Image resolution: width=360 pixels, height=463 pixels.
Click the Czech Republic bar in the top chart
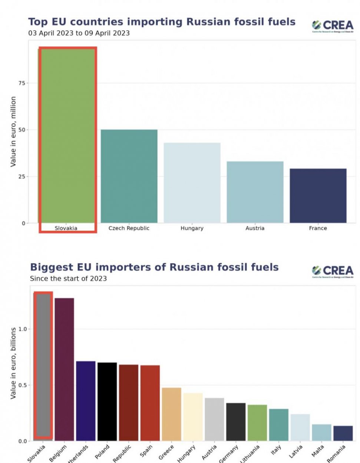(x=129, y=176)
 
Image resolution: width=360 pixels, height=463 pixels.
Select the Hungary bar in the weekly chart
(x=192, y=183)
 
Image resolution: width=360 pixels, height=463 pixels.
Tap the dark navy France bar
(x=318, y=196)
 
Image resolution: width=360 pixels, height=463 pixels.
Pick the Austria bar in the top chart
(x=255, y=192)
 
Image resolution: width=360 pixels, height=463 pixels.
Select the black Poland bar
(x=107, y=402)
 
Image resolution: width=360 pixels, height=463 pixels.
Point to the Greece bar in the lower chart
(x=172, y=414)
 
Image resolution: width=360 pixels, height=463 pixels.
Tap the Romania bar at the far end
(x=343, y=433)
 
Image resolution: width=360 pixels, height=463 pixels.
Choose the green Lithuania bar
(x=257, y=423)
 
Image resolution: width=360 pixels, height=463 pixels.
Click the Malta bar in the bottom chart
(x=321, y=433)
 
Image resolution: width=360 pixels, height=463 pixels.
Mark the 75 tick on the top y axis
(x=22, y=83)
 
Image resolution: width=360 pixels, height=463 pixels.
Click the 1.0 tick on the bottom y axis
(x=23, y=329)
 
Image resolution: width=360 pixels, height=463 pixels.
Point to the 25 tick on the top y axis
(x=22, y=176)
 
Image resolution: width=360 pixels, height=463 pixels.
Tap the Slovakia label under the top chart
(x=66, y=228)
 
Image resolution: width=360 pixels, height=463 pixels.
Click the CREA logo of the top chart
(x=333, y=26)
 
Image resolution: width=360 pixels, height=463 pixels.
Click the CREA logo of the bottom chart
(x=333, y=271)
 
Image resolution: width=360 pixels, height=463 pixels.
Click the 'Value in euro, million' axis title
(x=13, y=131)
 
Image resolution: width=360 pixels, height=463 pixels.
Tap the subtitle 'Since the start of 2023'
(x=68, y=279)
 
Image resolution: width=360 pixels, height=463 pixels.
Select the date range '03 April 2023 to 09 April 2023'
(x=79, y=33)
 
